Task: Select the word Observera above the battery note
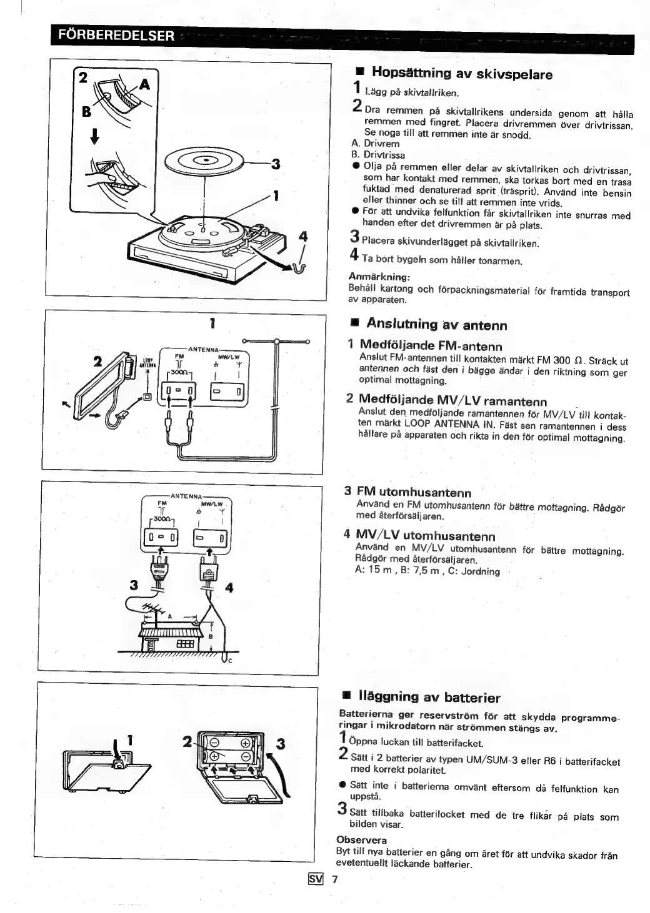coord(362,839)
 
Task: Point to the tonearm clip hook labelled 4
coord(298,268)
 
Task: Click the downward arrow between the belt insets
coord(94,136)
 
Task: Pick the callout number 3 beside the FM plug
coord(132,585)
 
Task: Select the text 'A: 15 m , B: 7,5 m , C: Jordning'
coord(427,571)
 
